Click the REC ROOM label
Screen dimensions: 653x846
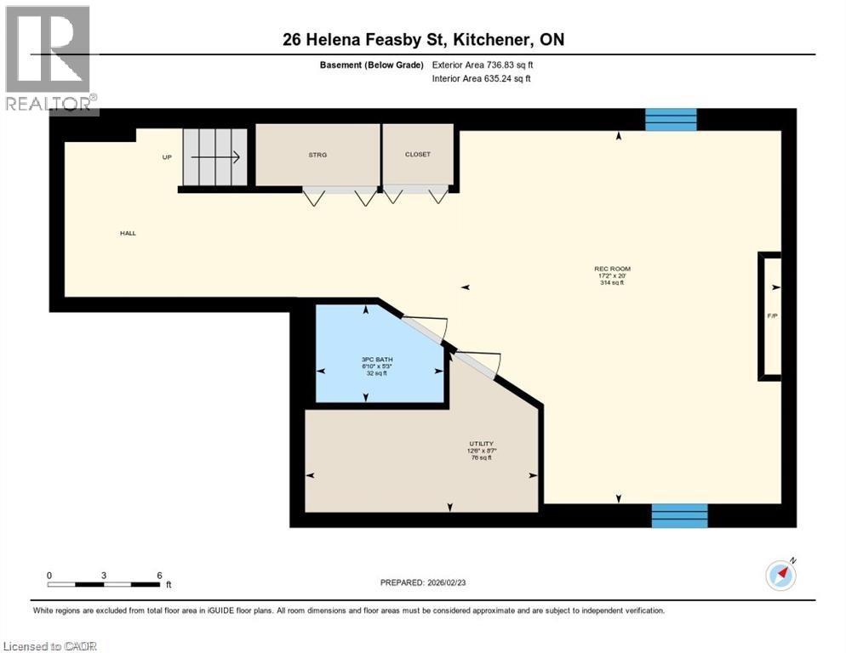(612, 269)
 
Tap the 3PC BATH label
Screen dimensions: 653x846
(376, 360)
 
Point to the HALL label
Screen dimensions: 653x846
(128, 233)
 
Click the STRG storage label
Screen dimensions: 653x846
(317, 155)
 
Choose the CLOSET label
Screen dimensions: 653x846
(418, 155)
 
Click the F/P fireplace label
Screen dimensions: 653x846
(772, 316)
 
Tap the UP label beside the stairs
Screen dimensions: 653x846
(168, 157)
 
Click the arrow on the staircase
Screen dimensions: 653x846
(218, 157)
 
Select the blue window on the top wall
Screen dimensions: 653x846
(671, 120)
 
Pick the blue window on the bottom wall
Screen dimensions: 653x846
(679, 515)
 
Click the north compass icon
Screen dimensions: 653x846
(780, 576)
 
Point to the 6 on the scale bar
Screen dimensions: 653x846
(159, 575)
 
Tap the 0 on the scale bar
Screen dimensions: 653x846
(49, 575)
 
